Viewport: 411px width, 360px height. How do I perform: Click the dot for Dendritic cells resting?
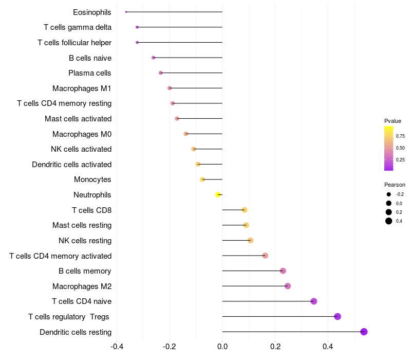click(x=364, y=332)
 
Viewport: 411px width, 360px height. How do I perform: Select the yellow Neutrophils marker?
click(x=218, y=195)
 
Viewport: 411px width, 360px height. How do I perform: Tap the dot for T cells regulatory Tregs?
click(x=338, y=316)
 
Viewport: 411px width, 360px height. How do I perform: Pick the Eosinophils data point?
click(x=126, y=12)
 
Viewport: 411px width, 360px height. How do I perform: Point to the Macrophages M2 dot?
click(x=288, y=286)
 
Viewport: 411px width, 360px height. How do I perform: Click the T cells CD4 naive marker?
click(x=314, y=301)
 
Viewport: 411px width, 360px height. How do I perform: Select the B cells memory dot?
click(x=283, y=271)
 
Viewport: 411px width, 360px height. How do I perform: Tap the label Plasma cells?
click(x=90, y=73)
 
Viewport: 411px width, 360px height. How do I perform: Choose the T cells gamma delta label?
click(x=78, y=27)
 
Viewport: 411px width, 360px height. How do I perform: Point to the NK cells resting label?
click(x=85, y=241)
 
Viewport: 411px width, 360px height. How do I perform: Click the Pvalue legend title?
click(x=393, y=121)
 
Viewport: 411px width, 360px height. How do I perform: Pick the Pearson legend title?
click(x=395, y=185)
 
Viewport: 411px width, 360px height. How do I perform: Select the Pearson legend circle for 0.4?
click(x=389, y=221)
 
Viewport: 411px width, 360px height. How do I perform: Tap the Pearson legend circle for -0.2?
click(x=389, y=194)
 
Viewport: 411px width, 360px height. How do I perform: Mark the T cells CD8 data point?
click(x=245, y=210)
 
